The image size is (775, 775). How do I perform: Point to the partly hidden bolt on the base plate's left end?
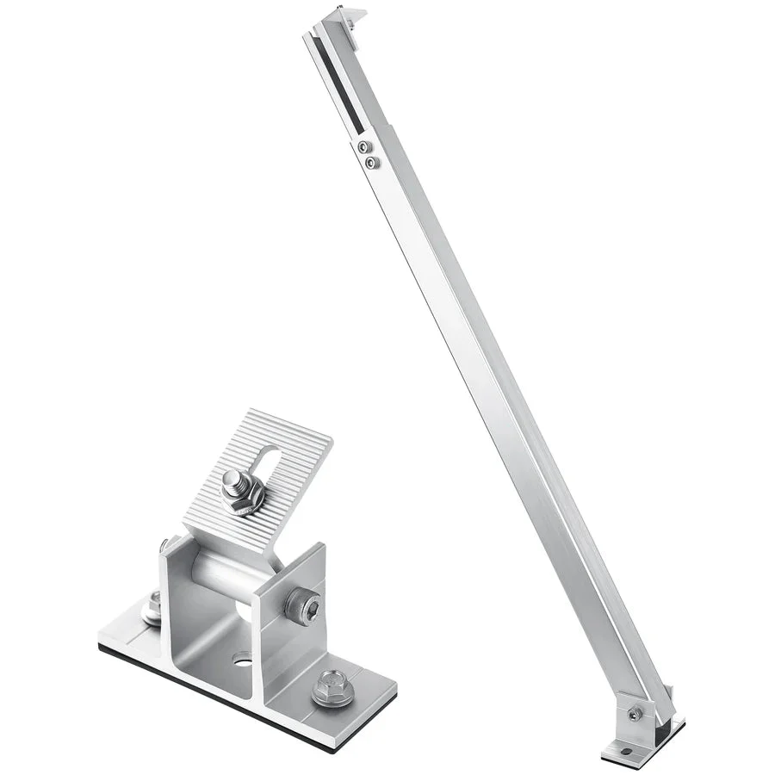click(153, 606)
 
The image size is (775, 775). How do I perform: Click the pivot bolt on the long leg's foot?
click(635, 714)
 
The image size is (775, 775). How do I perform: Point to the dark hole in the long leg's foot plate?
click(626, 751)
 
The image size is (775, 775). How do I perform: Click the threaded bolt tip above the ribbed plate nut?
click(234, 479)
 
